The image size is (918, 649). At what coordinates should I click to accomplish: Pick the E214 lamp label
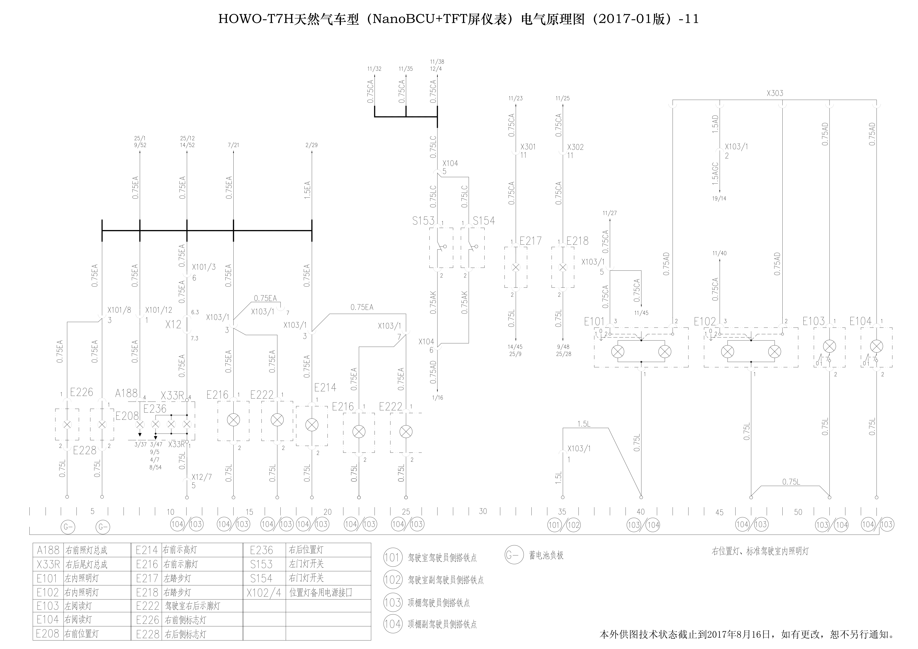[325, 387]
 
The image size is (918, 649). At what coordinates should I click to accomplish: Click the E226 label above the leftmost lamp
[82, 392]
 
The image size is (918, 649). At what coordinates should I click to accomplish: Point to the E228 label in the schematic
[85, 450]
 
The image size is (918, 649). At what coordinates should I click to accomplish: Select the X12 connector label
[173, 324]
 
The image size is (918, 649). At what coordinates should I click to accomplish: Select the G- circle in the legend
[514, 555]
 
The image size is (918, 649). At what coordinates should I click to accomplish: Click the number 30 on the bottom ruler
[483, 511]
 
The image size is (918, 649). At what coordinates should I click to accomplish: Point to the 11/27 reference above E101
[610, 213]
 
